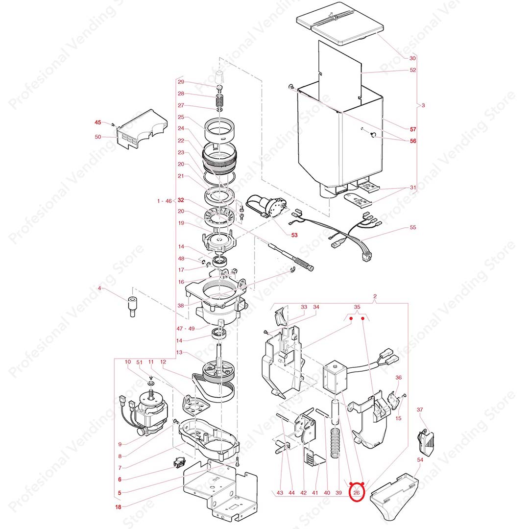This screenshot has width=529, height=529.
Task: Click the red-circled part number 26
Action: pyautogui.click(x=357, y=493)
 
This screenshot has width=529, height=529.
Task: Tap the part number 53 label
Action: pyautogui.click(x=294, y=235)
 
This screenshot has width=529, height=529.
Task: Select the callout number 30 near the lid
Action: pyautogui.click(x=412, y=58)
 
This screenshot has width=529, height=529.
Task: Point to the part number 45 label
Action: pyautogui.click(x=98, y=122)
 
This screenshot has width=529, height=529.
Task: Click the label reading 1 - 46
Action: pyautogui.click(x=165, y=201)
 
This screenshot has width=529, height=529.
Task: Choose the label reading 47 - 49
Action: pyautogui.click(x=186, y=329)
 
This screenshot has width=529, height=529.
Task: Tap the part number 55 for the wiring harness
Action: pyautogui.click(x=413, y=227)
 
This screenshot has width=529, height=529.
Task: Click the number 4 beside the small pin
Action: pyautogui.click(x=99, y=288)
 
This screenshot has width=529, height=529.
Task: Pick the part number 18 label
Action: pyautogui.click(x=118, y=507)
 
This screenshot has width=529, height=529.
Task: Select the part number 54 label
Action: pyautogui.click(x=420, y=459)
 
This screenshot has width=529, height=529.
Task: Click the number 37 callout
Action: pyautogui.click(x=420, y=409)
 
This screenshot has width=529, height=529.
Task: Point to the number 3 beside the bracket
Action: pyautogui.click(x=423, y=105)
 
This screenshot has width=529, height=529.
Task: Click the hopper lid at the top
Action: pyautogui.click(x=340, y=26)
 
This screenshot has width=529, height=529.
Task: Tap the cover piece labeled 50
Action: pyautogui.click(x=142, y=129)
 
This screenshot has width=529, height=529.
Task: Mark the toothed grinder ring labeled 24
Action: pyautogui.click(x=219, y=158)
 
